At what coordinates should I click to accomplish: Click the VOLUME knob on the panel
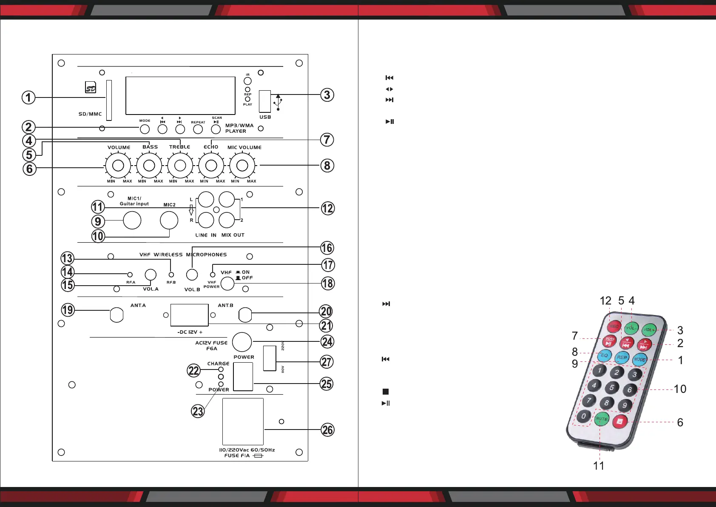point(118,165)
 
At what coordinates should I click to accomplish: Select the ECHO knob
point(211,165)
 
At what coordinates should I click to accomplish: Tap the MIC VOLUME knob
point(242,165)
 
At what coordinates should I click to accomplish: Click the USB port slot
point(264,101)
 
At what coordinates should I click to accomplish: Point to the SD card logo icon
point(91,87)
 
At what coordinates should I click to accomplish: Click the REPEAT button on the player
point(198,129)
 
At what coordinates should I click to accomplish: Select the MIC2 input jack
point(169,221)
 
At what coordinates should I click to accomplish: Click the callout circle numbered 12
point(327,208)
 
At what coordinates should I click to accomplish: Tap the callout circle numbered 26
point(327,430)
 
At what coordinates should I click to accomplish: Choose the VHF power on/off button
point(227,284)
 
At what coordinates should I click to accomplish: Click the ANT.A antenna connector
point(117,315)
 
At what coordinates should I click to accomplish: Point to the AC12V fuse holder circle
point(242,341)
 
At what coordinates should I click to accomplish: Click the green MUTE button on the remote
point(601,419)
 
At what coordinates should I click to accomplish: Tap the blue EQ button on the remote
point(605,355)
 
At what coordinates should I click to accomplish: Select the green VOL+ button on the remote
point(649,329)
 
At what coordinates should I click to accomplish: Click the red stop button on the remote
point(620,421)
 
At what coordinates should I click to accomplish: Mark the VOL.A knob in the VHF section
point(151,275)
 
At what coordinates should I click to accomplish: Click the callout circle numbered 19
point(68,309)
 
